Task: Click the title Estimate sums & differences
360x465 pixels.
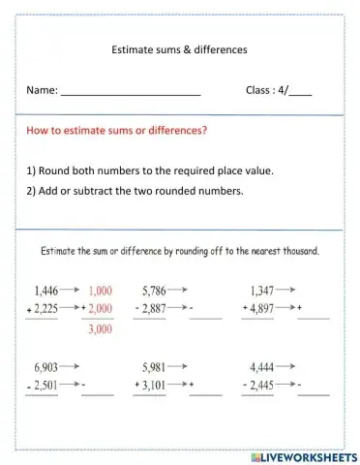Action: (180, 48)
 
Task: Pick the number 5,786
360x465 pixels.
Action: (154, 290)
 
